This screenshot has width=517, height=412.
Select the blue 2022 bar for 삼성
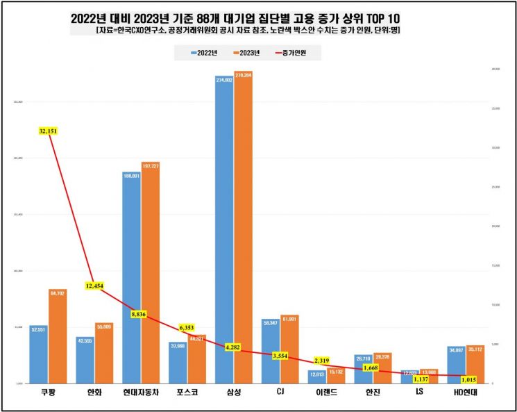pos(224,229)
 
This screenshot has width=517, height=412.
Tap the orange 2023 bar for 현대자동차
pos(150,272)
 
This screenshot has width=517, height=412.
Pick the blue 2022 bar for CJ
pos(271,351)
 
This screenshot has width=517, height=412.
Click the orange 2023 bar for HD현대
pos(475,364)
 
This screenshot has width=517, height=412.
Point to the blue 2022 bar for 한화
pos(85,360)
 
